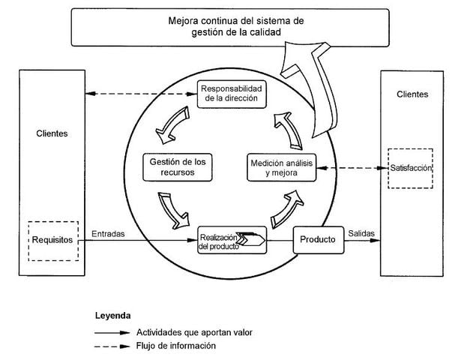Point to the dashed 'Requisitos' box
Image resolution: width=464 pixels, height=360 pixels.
click(52, 241)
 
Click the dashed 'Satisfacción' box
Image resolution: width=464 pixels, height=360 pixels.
click(411, 168)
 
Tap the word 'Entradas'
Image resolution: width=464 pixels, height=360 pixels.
click(108, 234)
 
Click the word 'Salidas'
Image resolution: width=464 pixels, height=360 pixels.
click(361, 234)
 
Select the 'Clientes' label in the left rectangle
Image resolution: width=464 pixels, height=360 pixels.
click(52, 133)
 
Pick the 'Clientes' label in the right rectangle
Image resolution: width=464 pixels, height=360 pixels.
click(412, 94)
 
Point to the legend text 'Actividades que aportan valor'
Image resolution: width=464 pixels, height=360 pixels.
click(193, 331)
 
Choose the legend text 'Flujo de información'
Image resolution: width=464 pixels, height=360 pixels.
click(176, 346)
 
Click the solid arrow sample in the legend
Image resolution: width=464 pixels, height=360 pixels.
click(111, 331)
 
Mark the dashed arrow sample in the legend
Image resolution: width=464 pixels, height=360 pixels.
click(111, 346)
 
